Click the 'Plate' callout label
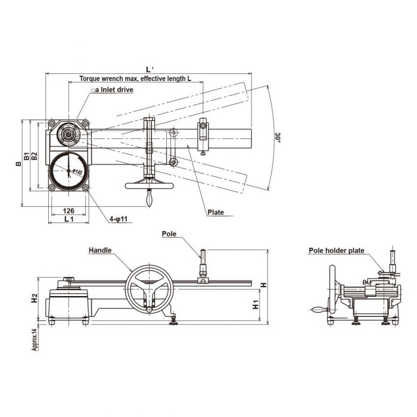(x=215, y=212)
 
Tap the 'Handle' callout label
(x=100, y=251)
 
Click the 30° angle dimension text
(x=278, y=136)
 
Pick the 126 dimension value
(x=69, y=210)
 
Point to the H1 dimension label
(x=255, y=306)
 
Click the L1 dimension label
(x=69, y=219)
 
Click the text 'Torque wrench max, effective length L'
(x=135, y=79)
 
